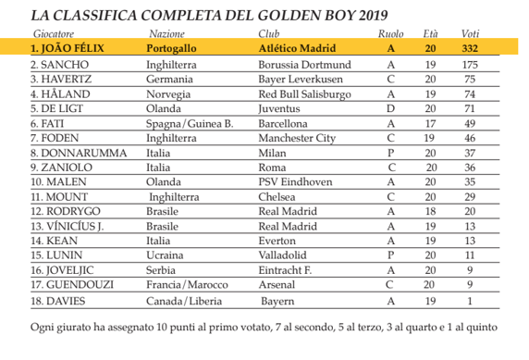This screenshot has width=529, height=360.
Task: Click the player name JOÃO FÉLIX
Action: click(71, 48)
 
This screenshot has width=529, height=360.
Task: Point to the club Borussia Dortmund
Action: click(304, 66)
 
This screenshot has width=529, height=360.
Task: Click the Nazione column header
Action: click(169, 33)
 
